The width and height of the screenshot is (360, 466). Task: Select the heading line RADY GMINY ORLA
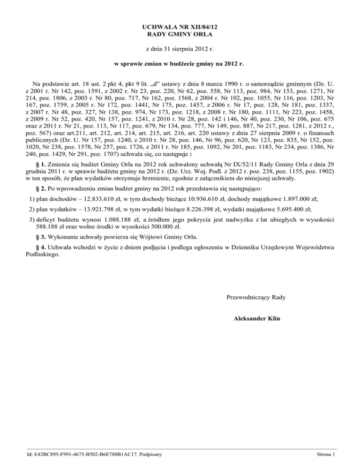pyautogui.click(x=180, y=35)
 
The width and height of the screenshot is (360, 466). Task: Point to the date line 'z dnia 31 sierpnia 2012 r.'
pyautogui.click(x=180, y=49)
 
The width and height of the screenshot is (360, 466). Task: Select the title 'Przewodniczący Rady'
pyautogui.click(x=256, y=297)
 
